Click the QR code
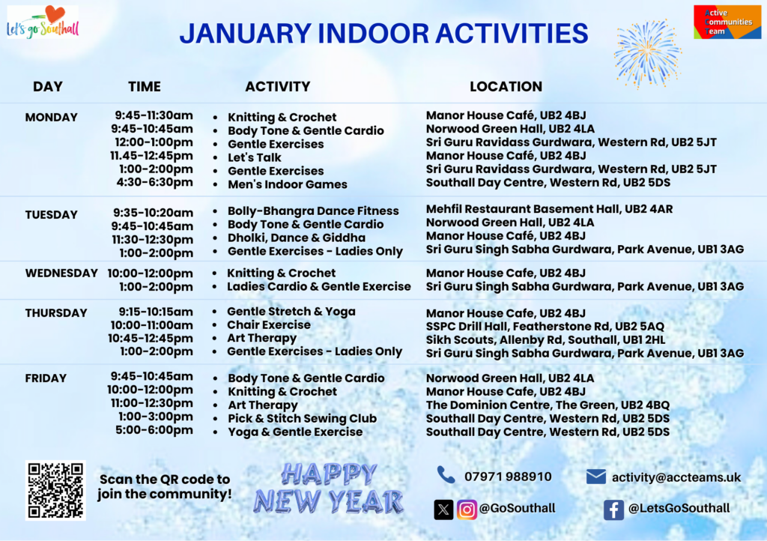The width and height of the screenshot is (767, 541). pyautogui.click(x=55, y=490)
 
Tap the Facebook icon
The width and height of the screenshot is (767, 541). pyautogui.click(x=613, y=510)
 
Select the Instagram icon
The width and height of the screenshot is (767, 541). pyautogui.click(x=467, y=510)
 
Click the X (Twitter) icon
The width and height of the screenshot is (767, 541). pyautogui.click(x=443, y=510)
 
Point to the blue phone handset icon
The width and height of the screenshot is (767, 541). pyautogui.click(x=446, y=474)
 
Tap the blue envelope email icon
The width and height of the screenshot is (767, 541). pyautogui.click(x=595, y=477)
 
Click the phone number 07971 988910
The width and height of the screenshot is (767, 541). pyautogui.click(x=508, y=477)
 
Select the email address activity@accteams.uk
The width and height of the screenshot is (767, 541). pyautogui.click(x=676, y=477)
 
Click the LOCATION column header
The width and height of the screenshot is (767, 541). pyautogui.click(x=506, y=87)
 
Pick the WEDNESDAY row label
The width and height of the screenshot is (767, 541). pyautogui.click(x=61, y=273)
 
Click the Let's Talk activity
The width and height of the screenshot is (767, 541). pyautogui.click(x=255, y=157)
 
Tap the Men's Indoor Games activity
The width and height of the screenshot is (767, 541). pyautogui.click(x=288, y=184)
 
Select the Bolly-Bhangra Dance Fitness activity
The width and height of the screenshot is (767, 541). pyautogui.click(x=313, y=211)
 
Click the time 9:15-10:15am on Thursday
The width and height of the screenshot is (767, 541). pyautogui.click(x=156, y=312)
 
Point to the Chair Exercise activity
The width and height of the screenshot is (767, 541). pyautogui.click(x=269, y=324)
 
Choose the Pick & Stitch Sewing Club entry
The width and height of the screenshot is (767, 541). pyautogui.click(x=303, y=419)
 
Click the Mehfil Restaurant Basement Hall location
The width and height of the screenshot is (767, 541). pyautogui.click(x=549, y=209)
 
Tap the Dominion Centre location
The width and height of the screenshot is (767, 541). pyautogui.click(x=548, y=405)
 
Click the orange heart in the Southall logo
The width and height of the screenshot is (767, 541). pyautogui.click(x=55, y=14)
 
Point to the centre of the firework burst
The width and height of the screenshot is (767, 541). pyautogui.click(x=647, y=51)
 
